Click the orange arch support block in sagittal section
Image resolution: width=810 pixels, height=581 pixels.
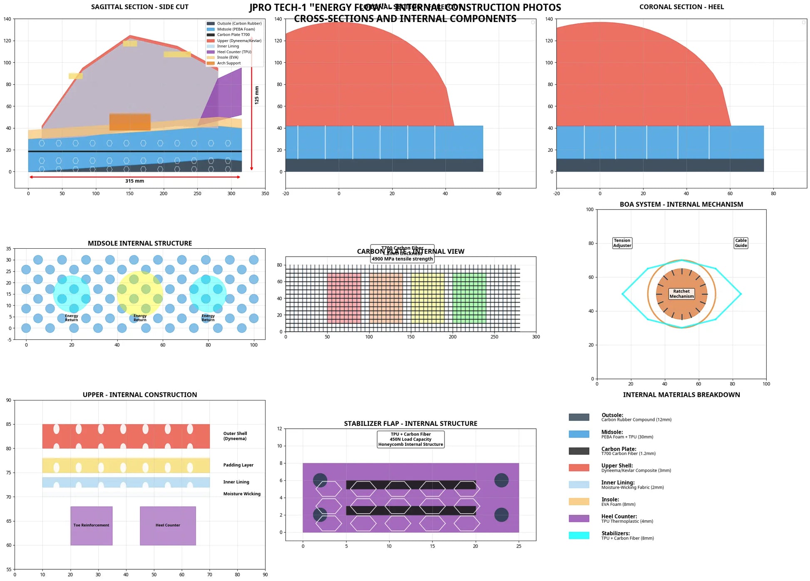pyautogui.click(x=130, y=122)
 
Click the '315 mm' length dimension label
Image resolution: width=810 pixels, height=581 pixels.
pyautogui.click(x=134, y=181)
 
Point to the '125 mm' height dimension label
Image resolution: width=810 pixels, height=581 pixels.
pyautogui.click(x=257, y=95)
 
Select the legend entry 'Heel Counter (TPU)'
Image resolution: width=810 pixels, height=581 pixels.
pyautogui.click(x=234, y=52)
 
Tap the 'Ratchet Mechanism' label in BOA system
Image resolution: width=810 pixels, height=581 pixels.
pyautogui.click(x=681, y=294)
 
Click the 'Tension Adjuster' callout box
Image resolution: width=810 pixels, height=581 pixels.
pyautogui.click(x=622, y=243)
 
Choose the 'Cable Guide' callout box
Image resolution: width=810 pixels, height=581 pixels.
pyautogui.click(x=740, y=243)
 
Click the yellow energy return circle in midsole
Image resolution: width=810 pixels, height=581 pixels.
pyautogui.click(x=140, y=294)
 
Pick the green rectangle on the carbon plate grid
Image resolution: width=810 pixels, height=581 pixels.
pyautogui.click(x=469, y=298)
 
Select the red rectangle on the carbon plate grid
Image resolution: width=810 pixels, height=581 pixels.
pyautogui.click(x=344, y=298)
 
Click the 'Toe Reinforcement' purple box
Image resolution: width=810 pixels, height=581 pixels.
pyautogui.click(x=91, y=526)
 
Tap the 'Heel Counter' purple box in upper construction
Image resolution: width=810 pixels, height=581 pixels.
pyautogui.click(x=168, y=526)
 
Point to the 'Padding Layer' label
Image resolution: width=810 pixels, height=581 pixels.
pyautogui.click(x=238, y=465)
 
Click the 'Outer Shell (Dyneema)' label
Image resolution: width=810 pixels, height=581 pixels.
pyautogui.click(x=235, y=436)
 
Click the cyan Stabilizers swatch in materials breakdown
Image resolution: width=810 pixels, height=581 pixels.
pyautogui.click(x=579, y=535)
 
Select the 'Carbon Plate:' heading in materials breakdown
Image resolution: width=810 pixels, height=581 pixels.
pyautogui.click(x=619, y=449)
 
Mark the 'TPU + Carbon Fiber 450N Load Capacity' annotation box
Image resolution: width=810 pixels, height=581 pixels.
pyautogui.click(x=410, y=439)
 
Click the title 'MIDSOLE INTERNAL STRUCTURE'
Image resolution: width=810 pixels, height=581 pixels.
pyautogui.click(x=140, y=243)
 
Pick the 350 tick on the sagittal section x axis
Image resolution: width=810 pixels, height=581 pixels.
pyautogui.click(x=265, y=193)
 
